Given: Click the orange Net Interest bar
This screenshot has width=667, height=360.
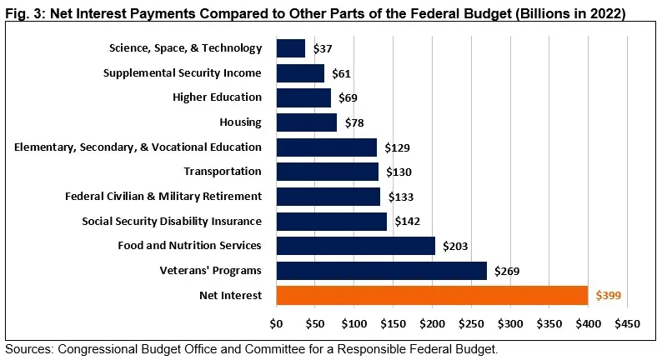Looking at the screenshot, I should click(431, 295).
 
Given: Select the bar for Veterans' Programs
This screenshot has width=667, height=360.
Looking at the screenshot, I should click(381, 271).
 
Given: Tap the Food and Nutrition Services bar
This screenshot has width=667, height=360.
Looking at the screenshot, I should click(355, 246).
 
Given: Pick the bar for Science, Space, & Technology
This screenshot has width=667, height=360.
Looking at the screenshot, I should click(290, 48).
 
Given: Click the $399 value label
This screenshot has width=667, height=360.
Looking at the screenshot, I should click(609, 296).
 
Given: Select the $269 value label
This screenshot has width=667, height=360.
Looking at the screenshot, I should click(508, 271).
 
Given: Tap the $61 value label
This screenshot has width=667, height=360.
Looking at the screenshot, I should click(341, 73).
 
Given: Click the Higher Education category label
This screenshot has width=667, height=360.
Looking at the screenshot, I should click(217, 97).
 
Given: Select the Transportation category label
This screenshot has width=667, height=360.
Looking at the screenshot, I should click(223, 172).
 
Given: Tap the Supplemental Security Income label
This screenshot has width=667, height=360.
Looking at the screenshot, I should click(182, 73).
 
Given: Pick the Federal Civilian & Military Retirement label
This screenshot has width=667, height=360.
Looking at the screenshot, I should click(163, 197).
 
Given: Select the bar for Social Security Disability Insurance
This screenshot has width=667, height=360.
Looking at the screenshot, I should click(331, 221).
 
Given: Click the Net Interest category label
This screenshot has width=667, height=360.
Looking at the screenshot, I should click(230, 295).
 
